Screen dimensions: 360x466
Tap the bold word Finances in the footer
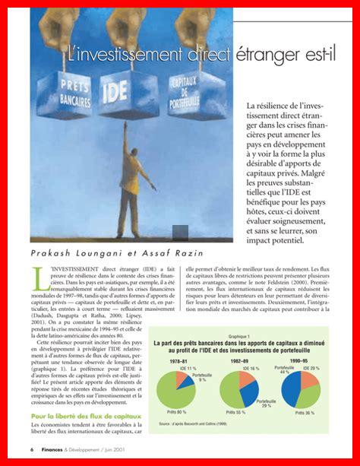[53, 450]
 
